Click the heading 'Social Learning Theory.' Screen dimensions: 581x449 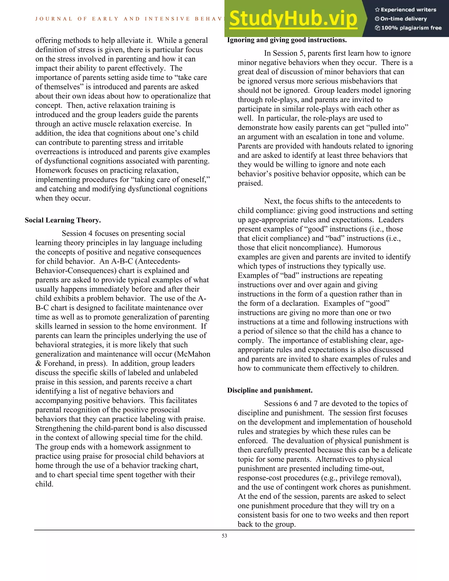(x=63, y=220)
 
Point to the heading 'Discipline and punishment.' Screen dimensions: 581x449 (x=270, y=390)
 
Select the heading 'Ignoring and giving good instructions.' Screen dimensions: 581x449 (x=287, y=40)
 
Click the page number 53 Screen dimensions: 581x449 (x=224, y=536)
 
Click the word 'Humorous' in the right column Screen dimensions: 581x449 (x=364, y=248)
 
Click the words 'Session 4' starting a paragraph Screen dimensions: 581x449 (x=77, y=233)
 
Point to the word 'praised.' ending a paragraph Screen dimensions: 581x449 (x=250, y=183)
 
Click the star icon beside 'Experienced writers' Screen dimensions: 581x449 (x=377, y=10)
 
